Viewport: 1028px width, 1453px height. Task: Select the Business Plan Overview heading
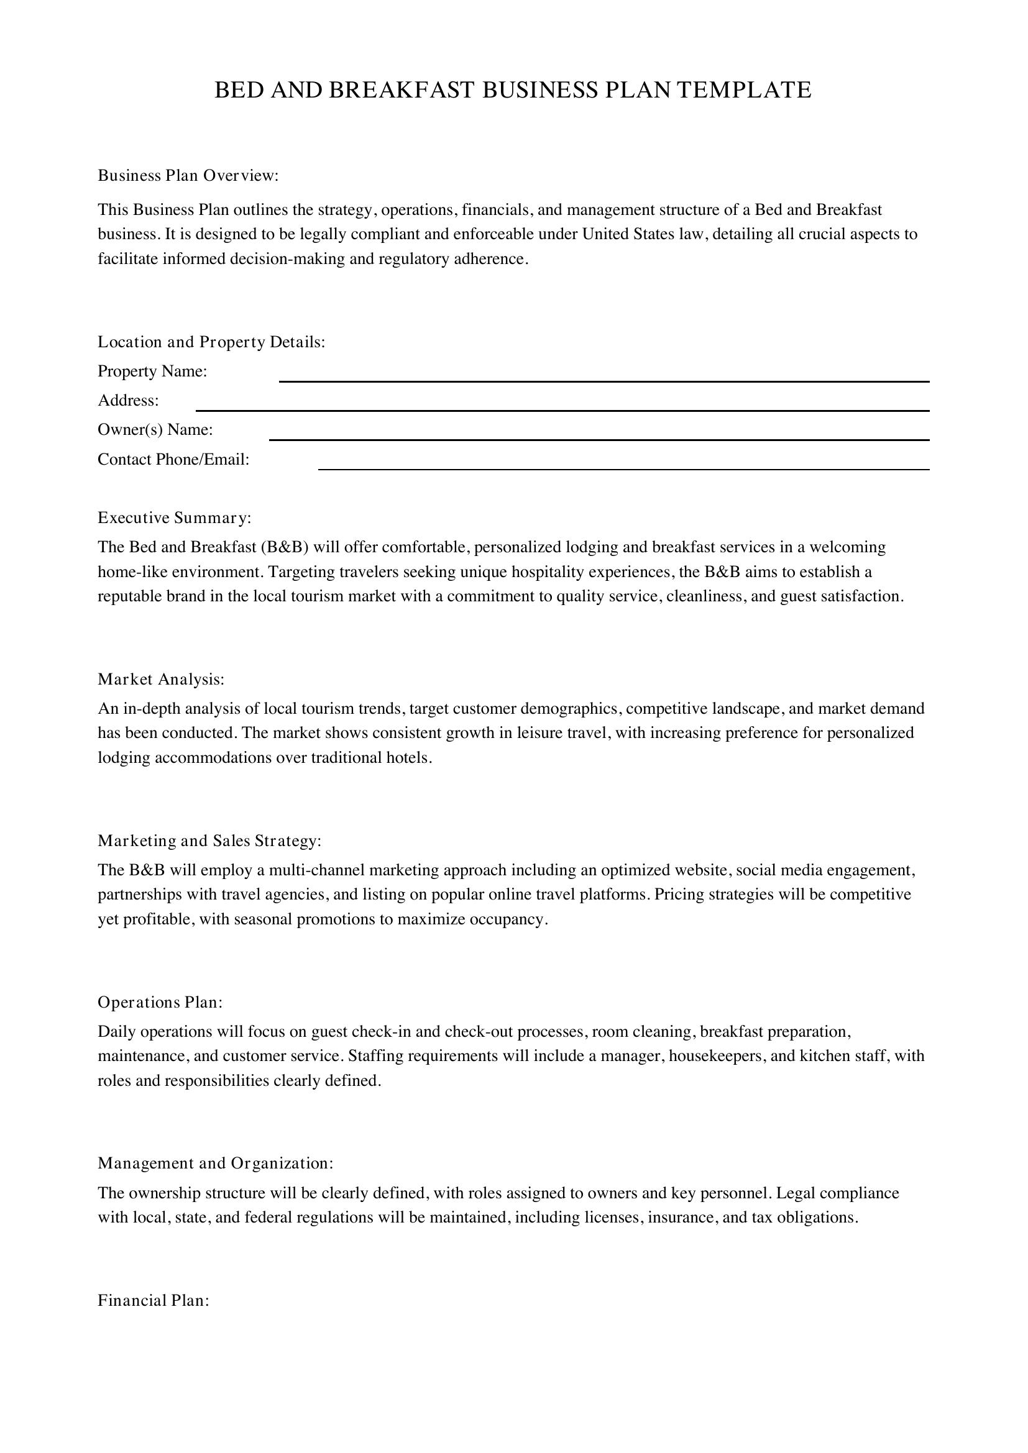tap(188, 175)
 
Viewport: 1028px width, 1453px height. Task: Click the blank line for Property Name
tap(604, 379)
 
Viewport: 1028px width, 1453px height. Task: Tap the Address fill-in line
tap(562, 408)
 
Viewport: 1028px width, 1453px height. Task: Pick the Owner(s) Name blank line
tap(599, 437)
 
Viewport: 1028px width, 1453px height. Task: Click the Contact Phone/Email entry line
tap(623, 467)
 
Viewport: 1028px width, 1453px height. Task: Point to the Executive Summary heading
tap(174, 517)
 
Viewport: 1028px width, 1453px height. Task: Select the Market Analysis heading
tap(161, 679)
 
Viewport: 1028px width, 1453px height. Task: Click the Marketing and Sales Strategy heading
tap(209, 840)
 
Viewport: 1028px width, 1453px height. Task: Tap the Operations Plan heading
tap(160, 1003)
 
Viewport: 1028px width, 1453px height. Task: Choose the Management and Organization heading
tap(215, 1163)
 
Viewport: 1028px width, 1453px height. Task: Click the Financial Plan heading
tap(153, 1300)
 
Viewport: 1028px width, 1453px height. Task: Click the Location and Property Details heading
tap(211, 342)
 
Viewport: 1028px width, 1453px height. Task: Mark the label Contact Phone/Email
tap(173, 460)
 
